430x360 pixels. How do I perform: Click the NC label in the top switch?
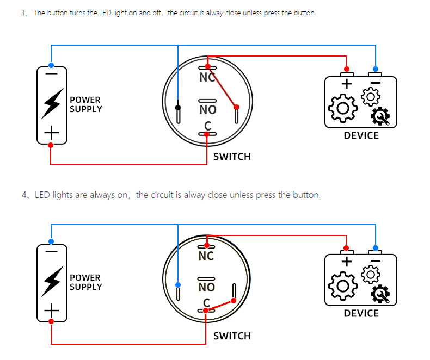tap(207, 78)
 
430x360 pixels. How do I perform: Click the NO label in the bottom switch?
tap(207, 287)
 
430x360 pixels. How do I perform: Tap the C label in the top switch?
tap(207, 126)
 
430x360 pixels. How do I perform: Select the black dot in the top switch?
tap(178, 107)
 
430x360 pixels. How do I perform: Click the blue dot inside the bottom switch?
tap(178, 285)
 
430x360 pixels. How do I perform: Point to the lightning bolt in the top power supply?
tap(52, 103)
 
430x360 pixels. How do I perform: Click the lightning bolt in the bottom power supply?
tap(52, 281)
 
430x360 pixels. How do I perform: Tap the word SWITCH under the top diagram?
tap(232, 157)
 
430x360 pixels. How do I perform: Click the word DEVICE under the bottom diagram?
tap(361, 313)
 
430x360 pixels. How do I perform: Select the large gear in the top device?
tap(343, 108)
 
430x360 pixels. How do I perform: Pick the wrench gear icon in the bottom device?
tap(380, 294)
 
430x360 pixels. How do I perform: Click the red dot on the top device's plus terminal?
tap(347, 69)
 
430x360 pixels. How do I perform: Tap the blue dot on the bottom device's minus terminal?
tap(376, 248)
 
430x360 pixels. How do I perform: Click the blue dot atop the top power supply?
tap(51, 65)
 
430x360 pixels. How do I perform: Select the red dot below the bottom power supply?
tap(51, 321)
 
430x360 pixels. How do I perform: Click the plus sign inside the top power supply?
tap(52, 133)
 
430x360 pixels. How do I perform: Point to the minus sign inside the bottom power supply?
tap(51, 251)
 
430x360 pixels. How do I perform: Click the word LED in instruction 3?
tap(105, 13)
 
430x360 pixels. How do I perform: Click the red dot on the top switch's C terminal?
tap(207, 134)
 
